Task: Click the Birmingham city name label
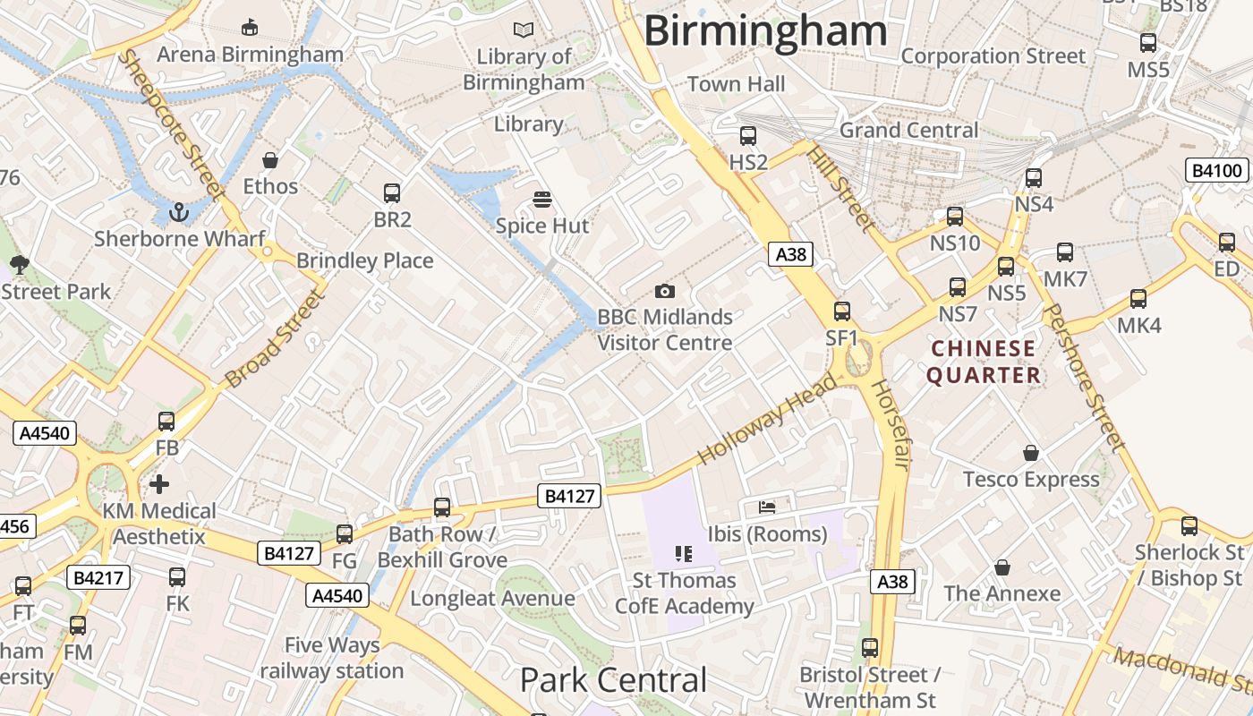pos(765,31)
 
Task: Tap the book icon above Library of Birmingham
pos(524,30)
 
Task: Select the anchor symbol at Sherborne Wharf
pos(179,212)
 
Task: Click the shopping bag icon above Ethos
pos(270,160)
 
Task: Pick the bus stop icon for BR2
pos(392,192)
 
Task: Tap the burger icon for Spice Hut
pos(542,199)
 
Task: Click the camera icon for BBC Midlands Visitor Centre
pos(664,291)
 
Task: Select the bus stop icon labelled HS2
pos(748,136)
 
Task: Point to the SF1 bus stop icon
pos(842,311)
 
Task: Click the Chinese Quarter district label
pos(984,362)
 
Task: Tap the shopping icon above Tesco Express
pos(1031,453)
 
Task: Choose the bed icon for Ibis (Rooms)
pos(767,507)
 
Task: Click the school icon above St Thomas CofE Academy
pos(684,554)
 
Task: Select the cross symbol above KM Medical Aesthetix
pos(159,484)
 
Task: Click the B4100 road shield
pos(1218,170)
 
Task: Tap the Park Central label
pos(613,680)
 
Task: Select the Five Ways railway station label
pos(332,658)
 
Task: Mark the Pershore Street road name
pos(1084,377)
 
